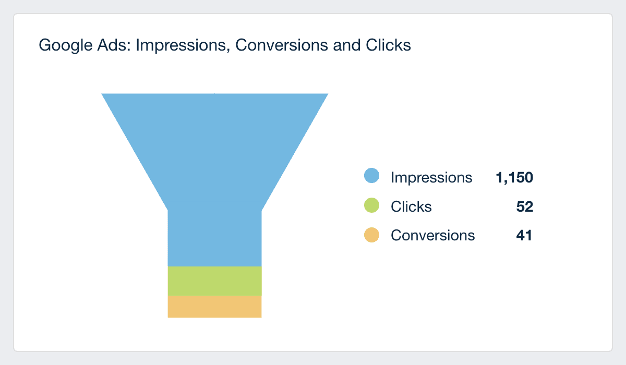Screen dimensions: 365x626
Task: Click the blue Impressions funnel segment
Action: (214, 172)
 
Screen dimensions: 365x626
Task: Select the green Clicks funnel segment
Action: (214, 281)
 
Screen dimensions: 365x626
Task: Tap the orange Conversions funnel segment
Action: (214, 307)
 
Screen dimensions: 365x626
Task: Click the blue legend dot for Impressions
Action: (371, 177)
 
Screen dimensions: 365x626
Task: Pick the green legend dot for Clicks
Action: (371, 206)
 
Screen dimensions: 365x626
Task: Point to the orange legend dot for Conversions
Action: (371, 235)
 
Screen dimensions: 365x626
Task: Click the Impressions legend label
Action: (431, 177)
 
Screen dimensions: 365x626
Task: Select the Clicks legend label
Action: (411, 206)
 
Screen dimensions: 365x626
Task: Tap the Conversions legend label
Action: (433, 235)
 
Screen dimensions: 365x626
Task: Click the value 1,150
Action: (514, 177)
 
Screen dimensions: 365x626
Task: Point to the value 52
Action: (525, 206)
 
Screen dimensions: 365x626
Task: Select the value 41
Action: (524, 235)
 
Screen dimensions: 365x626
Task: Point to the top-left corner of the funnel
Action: (102, 94)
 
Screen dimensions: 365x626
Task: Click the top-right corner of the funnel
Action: (327, 94)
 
